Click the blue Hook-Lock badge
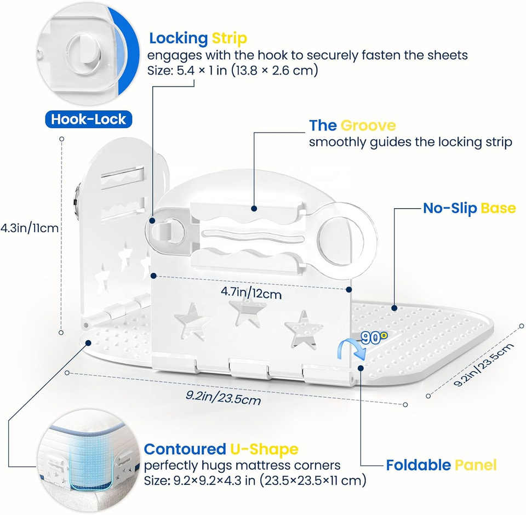pos(88,119)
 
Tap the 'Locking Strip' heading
pos(198,38)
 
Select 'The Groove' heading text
pos(352,125)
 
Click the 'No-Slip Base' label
pos(469,208)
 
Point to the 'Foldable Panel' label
pos(441,465)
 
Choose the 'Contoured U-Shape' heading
pos(221,450)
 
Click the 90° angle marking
pos(374,338)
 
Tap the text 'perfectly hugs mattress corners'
pos(242,465)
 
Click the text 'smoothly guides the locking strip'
pos(410,142)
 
